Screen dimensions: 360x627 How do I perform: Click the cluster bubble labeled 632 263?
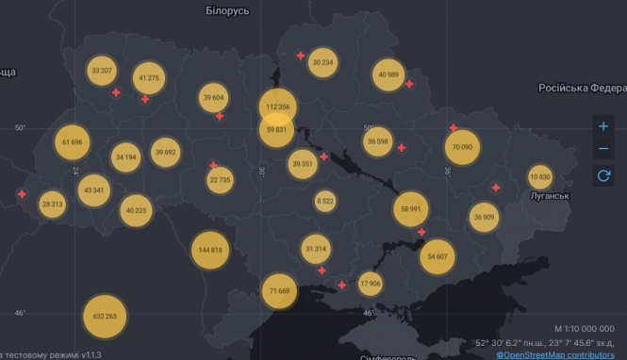click(x=106, y=317)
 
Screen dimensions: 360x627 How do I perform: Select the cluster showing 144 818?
click(x=211, y=250)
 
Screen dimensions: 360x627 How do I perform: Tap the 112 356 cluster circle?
click(x=278, y=106)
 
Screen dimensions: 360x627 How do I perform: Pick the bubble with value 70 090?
click(x=462, y=147)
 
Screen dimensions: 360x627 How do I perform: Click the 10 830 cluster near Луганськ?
click(x=540, y=177)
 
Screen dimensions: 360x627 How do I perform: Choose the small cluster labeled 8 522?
click(x=325, y=201)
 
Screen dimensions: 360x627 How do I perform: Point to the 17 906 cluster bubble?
click(x=371, y=283)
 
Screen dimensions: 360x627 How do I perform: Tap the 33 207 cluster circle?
click(x=102, y=71)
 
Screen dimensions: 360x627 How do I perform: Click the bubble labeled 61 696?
click(x=73, y=142)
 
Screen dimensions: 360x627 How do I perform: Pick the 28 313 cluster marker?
click(x=52, y=204)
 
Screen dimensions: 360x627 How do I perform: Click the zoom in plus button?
click(x=603, y=126)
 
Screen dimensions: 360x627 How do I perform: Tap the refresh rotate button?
click(x=603, y=174)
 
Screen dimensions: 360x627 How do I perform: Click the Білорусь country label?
click(x=227, y=10)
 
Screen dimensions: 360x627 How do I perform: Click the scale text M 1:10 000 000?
click(x=584, y=328)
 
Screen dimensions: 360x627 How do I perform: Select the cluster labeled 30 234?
click(x=322, y=62)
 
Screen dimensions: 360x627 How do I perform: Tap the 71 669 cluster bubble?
click(x=279, y=290)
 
